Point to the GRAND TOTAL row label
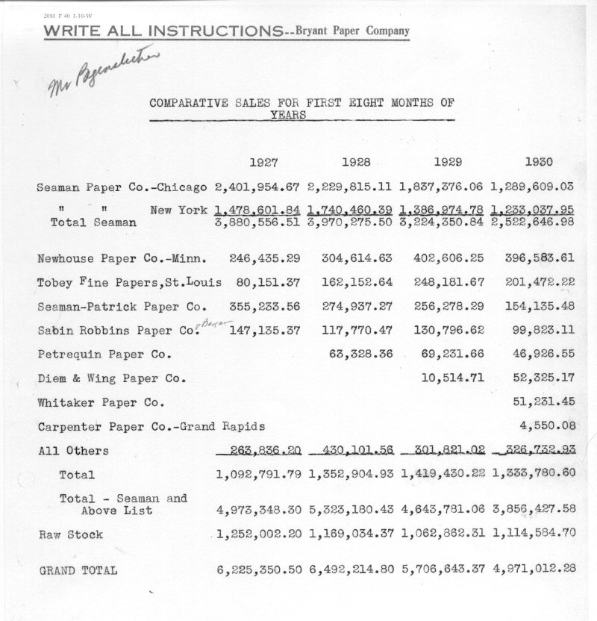click(x=78, y=569)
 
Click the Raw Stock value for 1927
click(x=258, y=534)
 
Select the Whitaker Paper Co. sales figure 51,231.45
click(x=543, y=402)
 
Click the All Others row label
click(x=72, y=451)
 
